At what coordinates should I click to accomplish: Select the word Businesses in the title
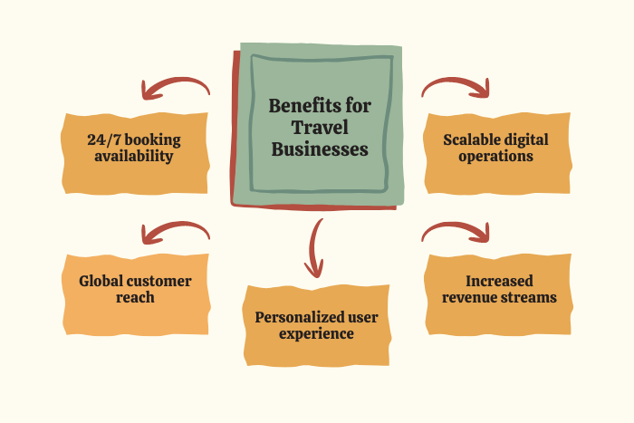[x=320, y=149]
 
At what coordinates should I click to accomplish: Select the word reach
[x=137, y=297]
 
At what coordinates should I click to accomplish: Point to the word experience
[x=317, y=333]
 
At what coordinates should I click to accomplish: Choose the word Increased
[x=498, y=281]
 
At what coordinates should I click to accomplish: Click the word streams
[x=530, y=297]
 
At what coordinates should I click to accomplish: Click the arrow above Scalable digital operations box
[x=456, y=86]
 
